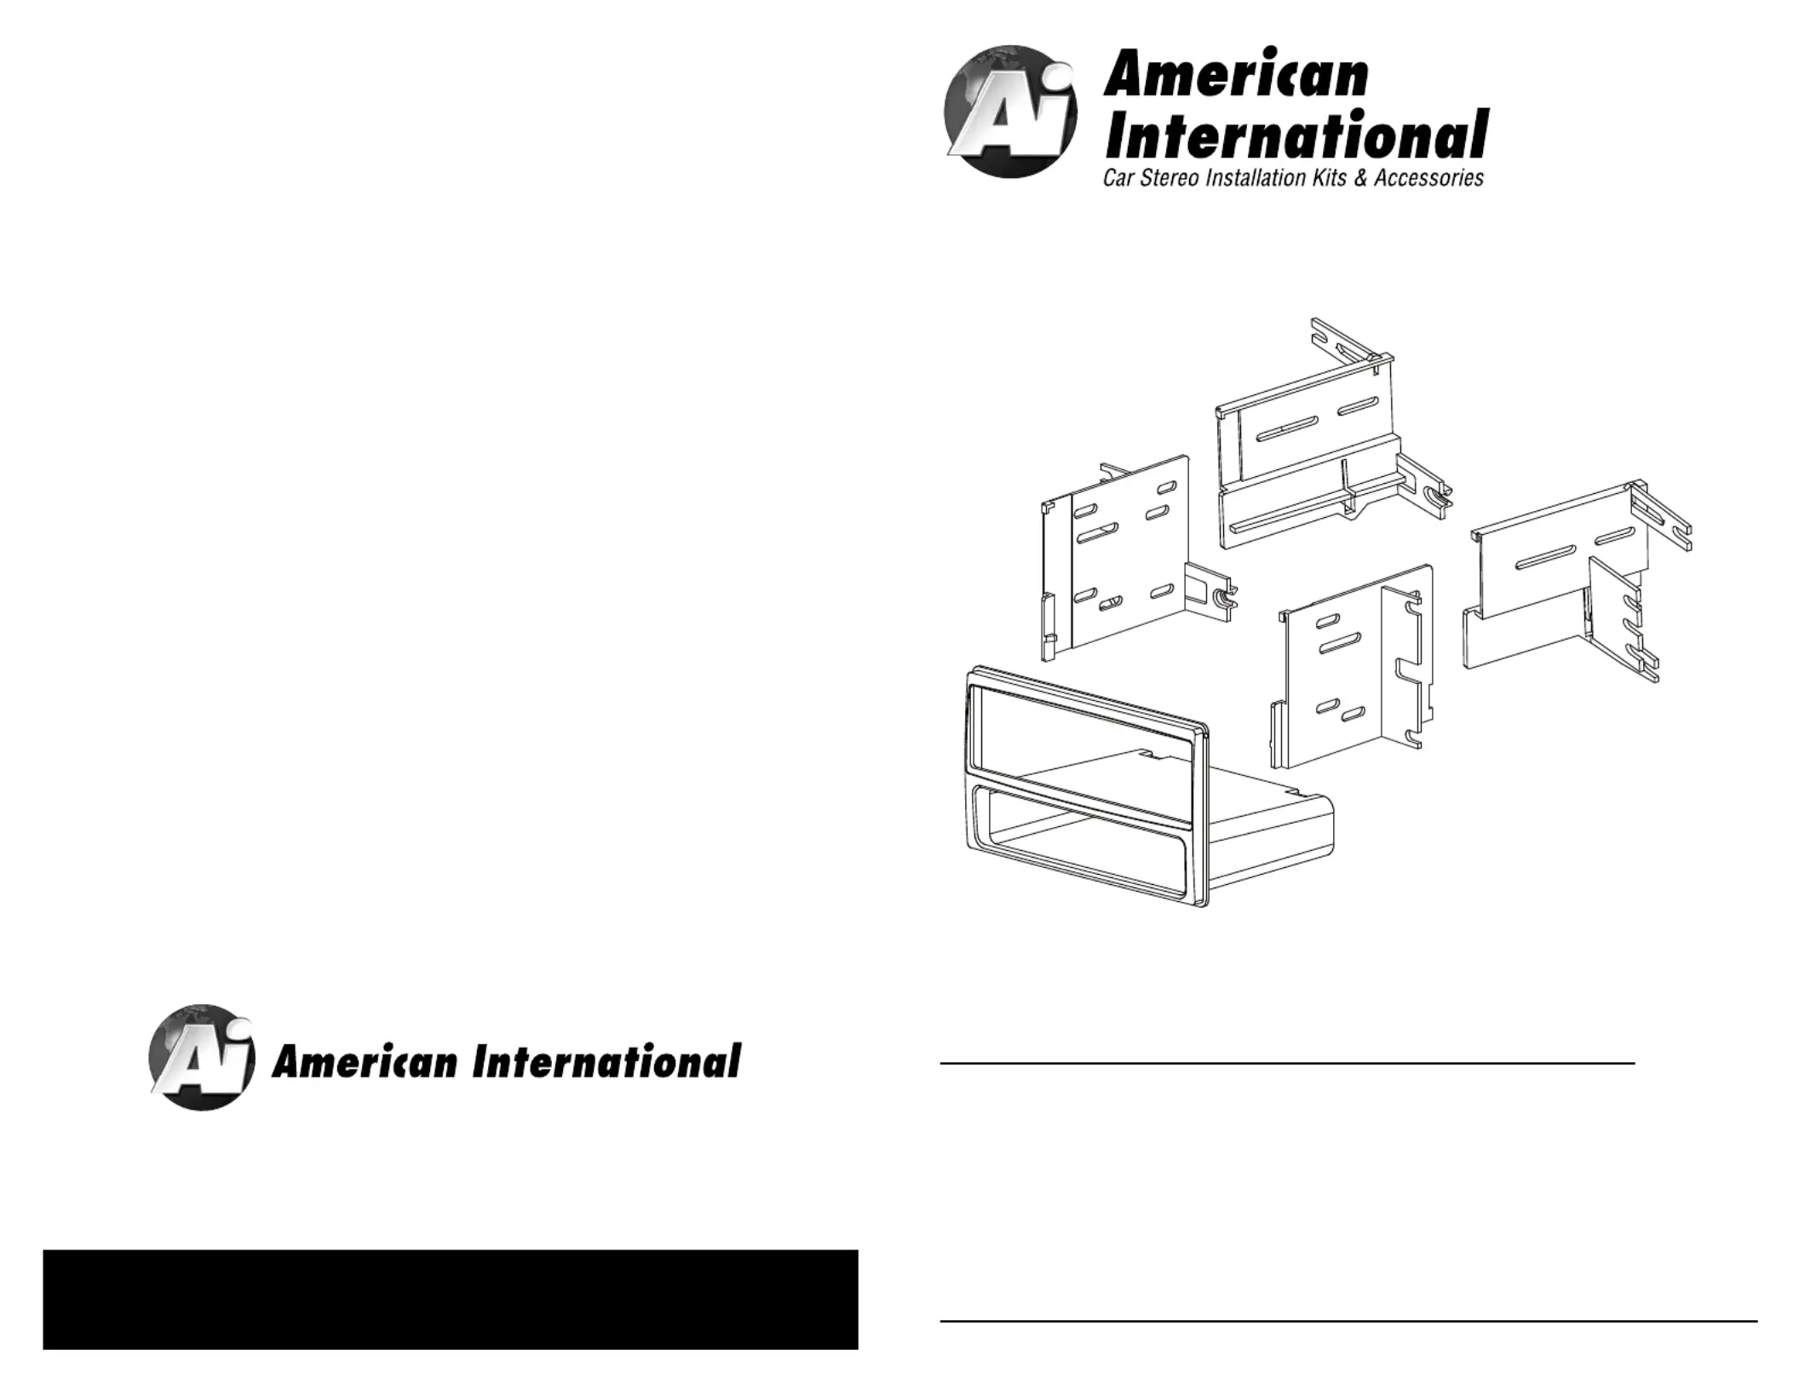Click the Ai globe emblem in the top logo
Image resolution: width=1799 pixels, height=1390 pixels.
coord(1010,112)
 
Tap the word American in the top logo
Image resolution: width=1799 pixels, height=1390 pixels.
coord(1235,74)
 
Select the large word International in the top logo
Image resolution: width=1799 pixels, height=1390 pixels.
coord(1296,135)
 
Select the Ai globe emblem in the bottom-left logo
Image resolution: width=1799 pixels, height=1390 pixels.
coord(202,1058)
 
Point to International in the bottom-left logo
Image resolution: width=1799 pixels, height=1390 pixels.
coord(606,1062)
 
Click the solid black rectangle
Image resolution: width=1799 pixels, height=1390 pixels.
coord(450,1299)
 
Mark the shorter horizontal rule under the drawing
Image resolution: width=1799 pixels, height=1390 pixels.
coord(1286,1063)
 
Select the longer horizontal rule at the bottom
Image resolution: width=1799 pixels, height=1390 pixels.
coord(1348,1322)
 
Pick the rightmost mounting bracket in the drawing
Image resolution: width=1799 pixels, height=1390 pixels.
coord(1567,579)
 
